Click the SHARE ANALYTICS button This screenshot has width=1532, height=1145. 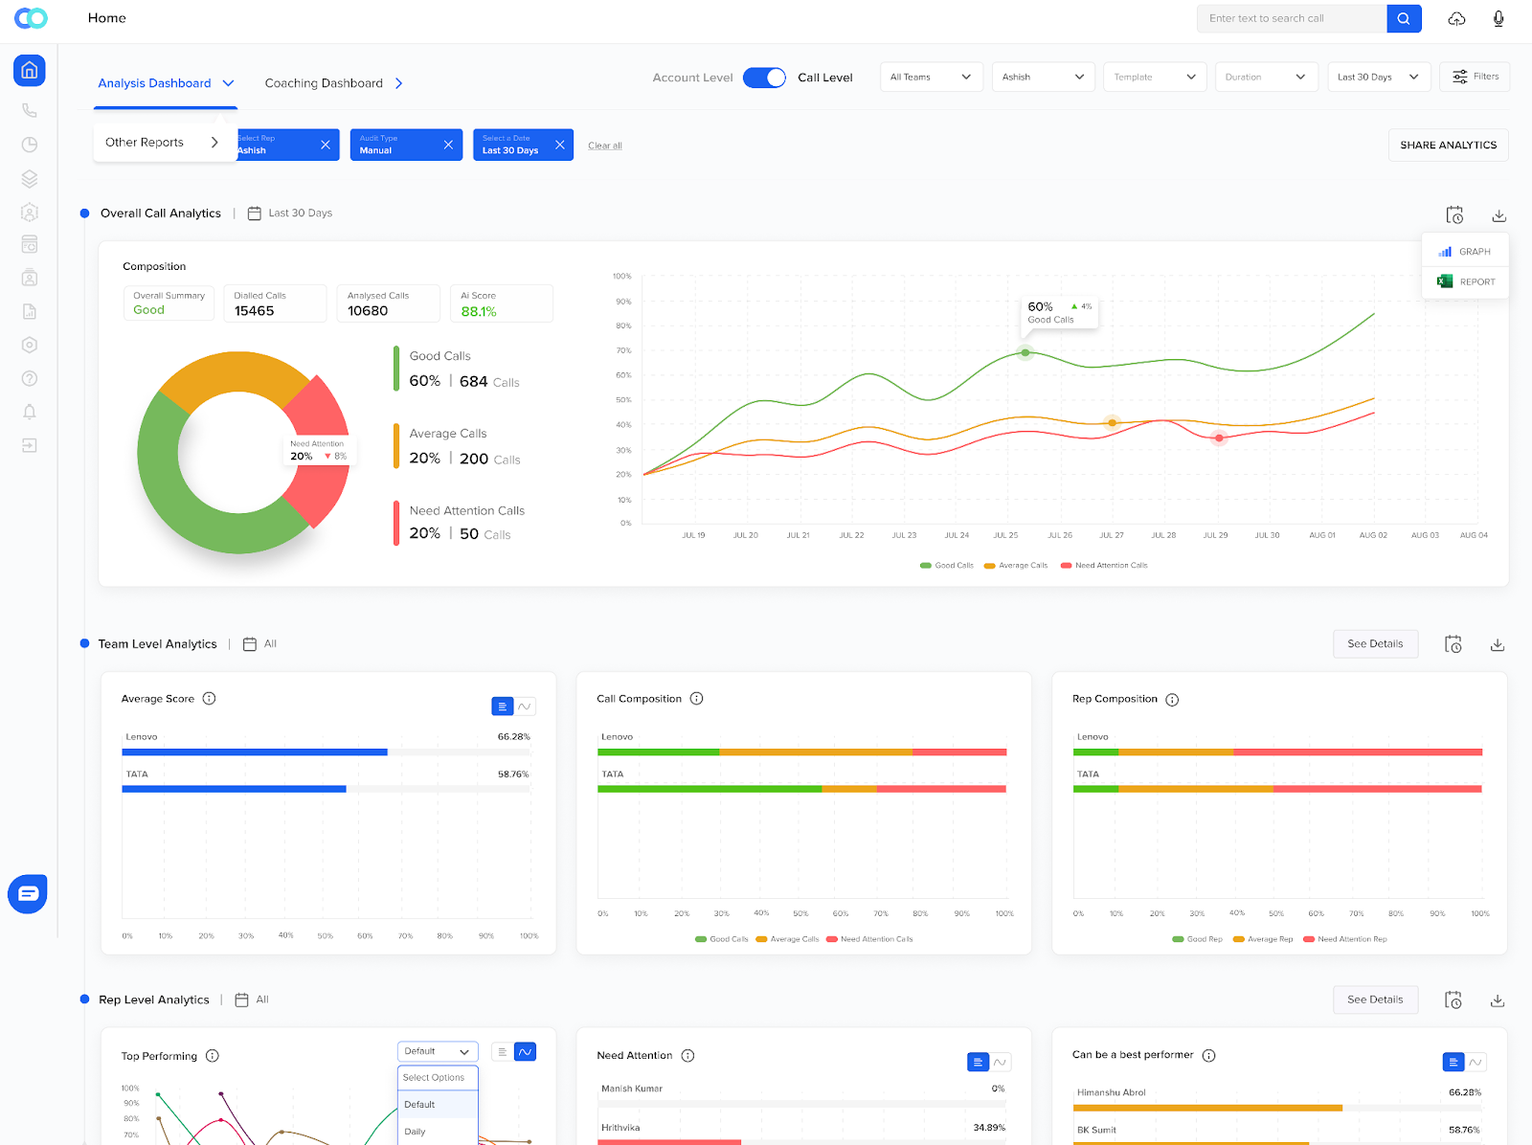pos(1448,146)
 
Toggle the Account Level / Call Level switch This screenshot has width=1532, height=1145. pos(764,78)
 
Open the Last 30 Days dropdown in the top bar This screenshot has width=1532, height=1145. pos(1378,77)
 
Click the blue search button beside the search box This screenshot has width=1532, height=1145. pos(1404,18)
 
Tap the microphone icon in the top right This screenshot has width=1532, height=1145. pos(1498,18)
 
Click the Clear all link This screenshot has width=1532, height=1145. pos(604,146)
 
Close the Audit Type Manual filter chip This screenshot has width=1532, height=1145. pos(448,145)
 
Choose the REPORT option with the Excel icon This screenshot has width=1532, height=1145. pos(1466,281)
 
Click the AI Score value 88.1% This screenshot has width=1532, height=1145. pos(478,311)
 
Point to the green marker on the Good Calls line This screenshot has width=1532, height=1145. pos(1025,352)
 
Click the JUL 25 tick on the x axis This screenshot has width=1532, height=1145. pos(1005,535)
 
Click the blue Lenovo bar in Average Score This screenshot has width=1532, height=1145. pos(255,752)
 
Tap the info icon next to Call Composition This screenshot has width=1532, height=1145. pos(697,699)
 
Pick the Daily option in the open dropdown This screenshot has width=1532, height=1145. pos(416,1132)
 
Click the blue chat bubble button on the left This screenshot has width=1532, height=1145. pos(28,893)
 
